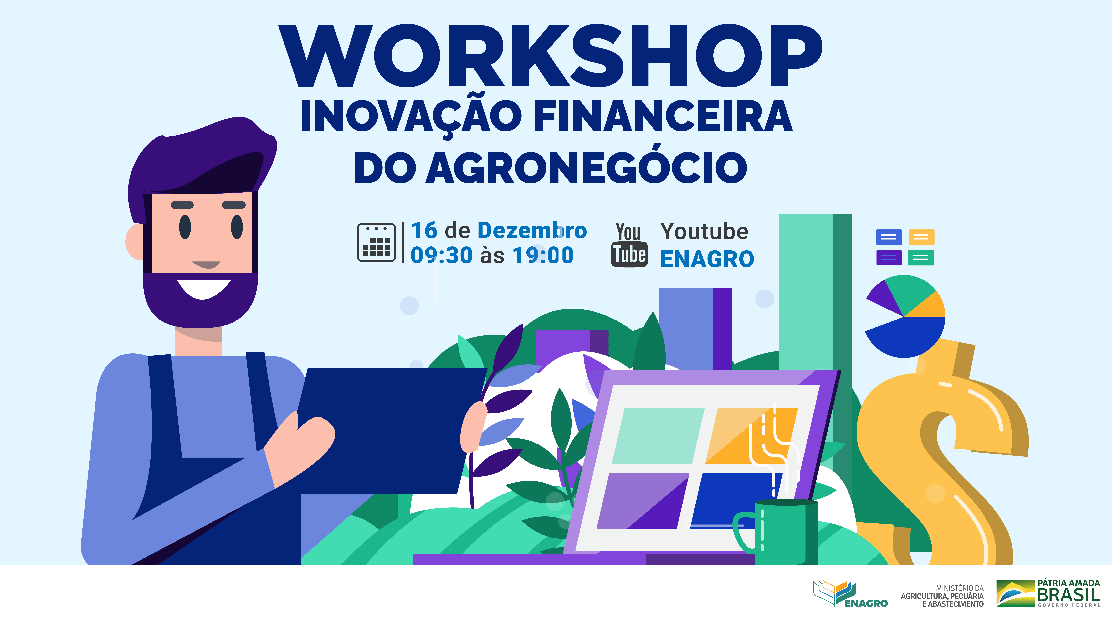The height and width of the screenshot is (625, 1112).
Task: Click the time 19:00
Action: [543, 255]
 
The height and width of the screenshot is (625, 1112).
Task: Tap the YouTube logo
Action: [629, 245]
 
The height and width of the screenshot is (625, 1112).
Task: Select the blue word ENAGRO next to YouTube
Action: [707, 259]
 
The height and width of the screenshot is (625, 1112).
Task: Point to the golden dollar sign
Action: [941, 449]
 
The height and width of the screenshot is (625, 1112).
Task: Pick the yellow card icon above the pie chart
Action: [921, 237]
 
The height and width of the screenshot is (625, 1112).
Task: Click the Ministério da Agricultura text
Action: [942, 596]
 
